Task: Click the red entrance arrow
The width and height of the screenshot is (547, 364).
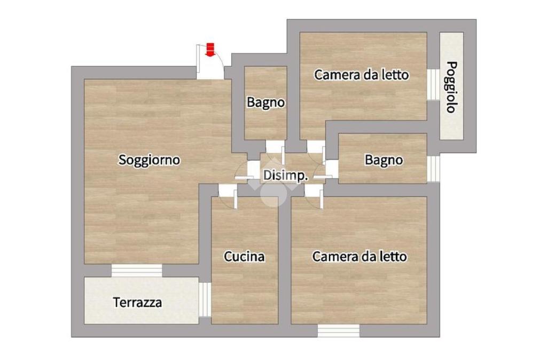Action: point(209,49)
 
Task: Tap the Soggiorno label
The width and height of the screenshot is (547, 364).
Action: point(150,160)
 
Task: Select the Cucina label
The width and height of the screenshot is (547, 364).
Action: point(244,257)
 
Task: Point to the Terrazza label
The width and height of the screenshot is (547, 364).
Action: point(137,302)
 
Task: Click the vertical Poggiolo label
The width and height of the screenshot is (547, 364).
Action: point(451,87)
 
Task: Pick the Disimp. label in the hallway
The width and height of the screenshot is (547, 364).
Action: point(286,176)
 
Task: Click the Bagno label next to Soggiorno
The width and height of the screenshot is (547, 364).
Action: point(266,102)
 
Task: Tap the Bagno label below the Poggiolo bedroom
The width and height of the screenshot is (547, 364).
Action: point(384,160)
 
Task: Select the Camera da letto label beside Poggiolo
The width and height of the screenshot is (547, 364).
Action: point(362,75)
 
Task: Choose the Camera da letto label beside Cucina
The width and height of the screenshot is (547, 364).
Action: point(360,257)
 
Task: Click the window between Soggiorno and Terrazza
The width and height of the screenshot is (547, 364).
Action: point(137,271)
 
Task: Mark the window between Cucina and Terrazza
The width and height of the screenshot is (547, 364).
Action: point(205,299)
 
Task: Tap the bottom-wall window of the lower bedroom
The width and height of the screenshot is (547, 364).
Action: point(338,331)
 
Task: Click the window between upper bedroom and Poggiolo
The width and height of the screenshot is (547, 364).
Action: point(433,85)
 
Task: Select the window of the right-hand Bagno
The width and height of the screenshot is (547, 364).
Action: point(433,169)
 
